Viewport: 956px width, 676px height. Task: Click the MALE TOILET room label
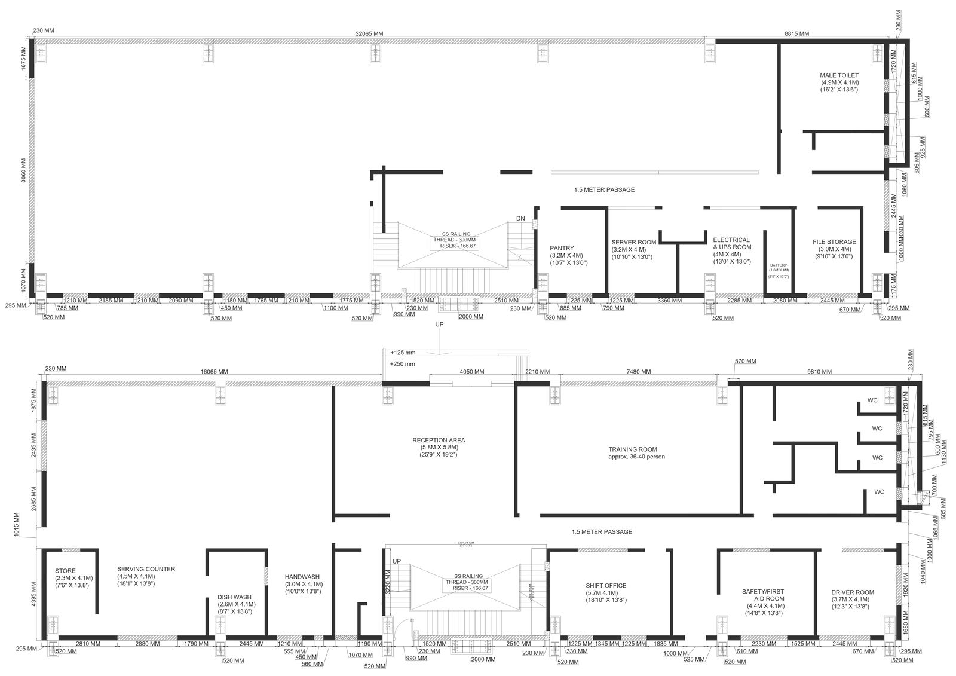[839, 75]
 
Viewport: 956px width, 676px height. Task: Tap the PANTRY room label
[562, 248]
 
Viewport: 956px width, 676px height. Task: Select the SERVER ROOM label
[633, 242]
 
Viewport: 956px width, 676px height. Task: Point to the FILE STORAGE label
[834, 242]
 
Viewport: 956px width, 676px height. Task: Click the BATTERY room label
[779, 265]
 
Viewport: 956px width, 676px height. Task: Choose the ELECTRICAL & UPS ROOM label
[731, 243]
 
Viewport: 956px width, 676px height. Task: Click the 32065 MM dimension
[369, 34]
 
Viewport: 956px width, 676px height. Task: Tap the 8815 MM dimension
[797, 34]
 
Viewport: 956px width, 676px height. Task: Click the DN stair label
[520, 219]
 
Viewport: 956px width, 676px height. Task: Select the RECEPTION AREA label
[439, 441]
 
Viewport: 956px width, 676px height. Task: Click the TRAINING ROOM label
[633, 449]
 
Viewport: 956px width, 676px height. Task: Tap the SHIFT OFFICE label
[606, 586]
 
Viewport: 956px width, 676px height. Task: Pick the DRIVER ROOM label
[853, 592]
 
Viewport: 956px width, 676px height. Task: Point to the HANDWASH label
[303, 577]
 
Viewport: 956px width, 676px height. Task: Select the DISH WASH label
[234, 597]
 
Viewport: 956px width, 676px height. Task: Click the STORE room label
[65, 571]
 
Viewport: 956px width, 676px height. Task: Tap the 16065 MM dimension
[214, 371]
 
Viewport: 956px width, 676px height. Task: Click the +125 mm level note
[403, 353]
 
